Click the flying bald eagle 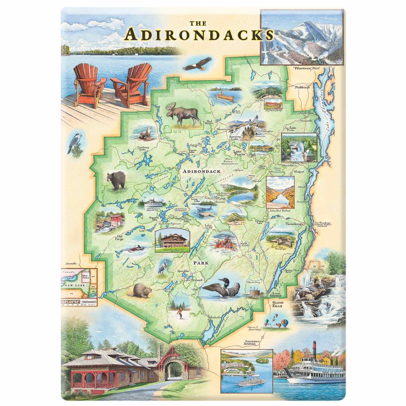pos(197,63)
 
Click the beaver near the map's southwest pos(141,291)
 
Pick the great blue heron pos(162,266)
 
